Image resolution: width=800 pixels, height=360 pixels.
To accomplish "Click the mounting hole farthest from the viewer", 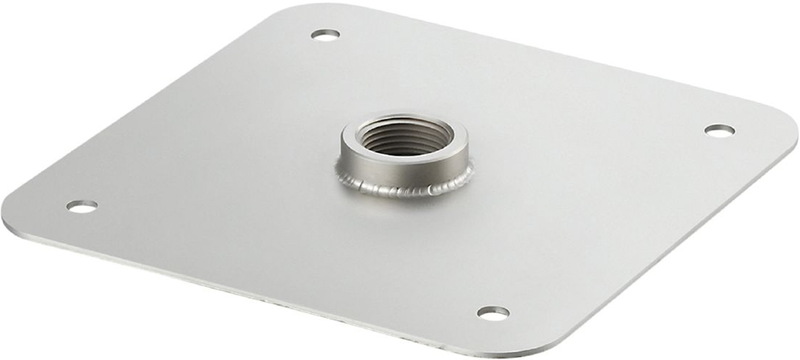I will pos(325,34).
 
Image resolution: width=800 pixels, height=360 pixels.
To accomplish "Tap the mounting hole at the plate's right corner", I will pos(719,130).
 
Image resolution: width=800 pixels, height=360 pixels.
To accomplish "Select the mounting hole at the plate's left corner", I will pos(82,206).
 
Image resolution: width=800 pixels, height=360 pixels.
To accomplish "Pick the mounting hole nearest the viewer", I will pos(493,313).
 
